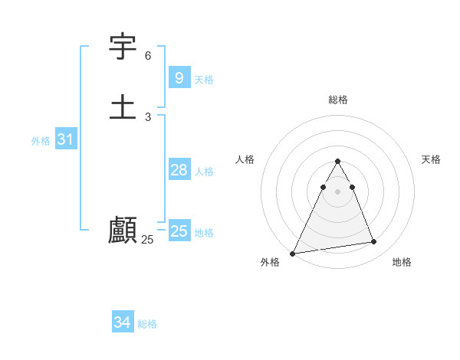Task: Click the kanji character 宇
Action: tap(123, 47)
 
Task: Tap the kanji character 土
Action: tap(123, 106)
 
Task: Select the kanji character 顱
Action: tap(123, 229)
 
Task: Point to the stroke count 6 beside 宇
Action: tap(148, 56)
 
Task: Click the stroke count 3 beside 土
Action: tap(148, 116)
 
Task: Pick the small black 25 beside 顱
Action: tap(147, 240)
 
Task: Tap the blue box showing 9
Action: tap(179, 77)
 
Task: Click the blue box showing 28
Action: tap(179, 170)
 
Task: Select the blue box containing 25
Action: tap(179, 231)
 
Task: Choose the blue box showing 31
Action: tap(65, 139)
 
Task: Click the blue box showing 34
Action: tap(122, 322)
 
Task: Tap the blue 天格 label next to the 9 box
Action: tap(204, 79)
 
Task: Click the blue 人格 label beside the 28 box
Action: tap(204, 172)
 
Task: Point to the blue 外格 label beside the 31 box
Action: tap(41, 141)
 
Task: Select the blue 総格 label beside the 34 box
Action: tap(147, 324)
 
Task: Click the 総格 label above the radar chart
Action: tap(337, 100)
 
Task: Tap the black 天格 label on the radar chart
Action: tap(432, 159)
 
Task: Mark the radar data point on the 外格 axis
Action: tap(293, 254)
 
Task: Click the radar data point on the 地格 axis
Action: tap(374, 242)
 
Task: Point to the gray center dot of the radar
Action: tap(337, 191)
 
